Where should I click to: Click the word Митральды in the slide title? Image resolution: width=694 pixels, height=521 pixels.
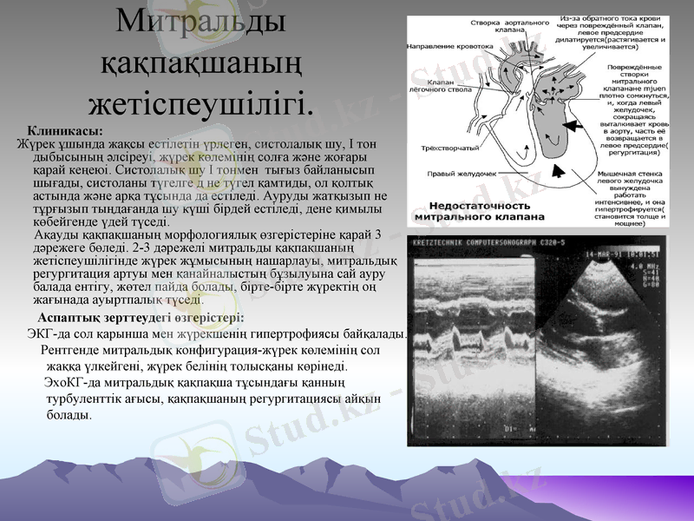click(200, 21)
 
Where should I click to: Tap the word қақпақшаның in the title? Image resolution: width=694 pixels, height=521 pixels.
click(200, 63)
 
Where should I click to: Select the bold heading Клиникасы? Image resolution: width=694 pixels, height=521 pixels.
click(65, 130)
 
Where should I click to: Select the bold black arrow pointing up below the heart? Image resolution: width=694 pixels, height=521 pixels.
click(561, 172)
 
